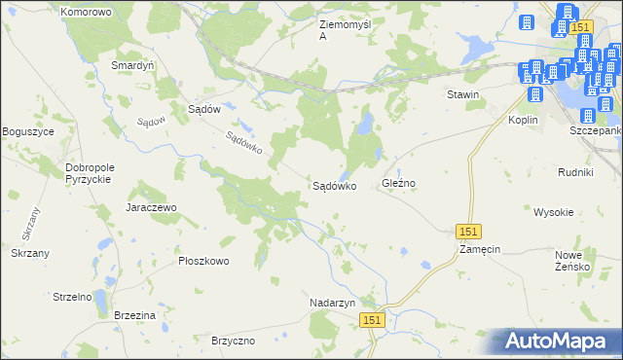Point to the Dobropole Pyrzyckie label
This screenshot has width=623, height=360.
(x=91, y=173)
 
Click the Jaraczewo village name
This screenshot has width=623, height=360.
(x=150, y=207)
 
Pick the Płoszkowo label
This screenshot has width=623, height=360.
(x=202, y=261)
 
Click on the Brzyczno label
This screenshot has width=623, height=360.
(x=233, y=341)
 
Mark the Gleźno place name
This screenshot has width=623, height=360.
(x=399, y=183)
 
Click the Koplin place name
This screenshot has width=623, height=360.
(x=524, y=120)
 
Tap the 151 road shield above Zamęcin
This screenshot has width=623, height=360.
(x=469, y=231)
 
